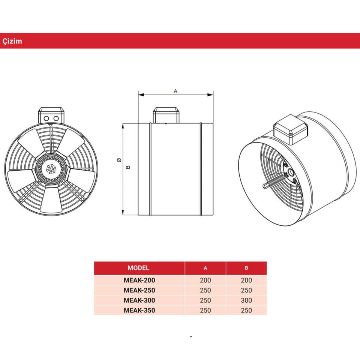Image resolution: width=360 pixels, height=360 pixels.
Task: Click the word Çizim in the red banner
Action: coord(12,41)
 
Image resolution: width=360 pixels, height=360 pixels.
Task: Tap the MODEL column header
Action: coord(138,268)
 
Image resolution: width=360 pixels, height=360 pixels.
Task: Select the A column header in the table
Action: coord(205,268)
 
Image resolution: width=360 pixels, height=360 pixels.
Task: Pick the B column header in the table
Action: coord(246,268)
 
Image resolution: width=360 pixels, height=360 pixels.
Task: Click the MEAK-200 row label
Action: coord(139,280)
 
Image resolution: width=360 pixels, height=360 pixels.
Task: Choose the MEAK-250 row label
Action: coord(139,290)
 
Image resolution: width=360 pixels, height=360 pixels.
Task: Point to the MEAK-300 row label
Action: coord(139,300)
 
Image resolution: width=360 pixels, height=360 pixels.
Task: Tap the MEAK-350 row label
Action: coord(139,310)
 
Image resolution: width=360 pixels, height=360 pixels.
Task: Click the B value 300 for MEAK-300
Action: coord(246,300)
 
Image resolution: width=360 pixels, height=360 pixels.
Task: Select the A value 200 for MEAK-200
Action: coord(205,280)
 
